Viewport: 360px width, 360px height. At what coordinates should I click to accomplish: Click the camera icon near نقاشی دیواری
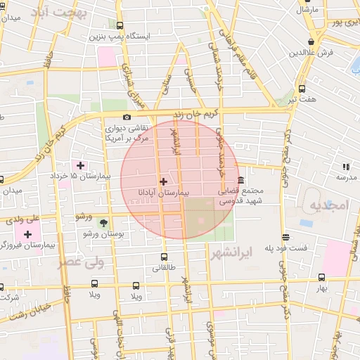(x=127, y=117)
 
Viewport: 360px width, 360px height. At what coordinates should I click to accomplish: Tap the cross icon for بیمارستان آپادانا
(x=164, y=181)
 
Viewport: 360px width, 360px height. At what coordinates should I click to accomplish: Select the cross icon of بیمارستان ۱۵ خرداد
(x=81, y=166)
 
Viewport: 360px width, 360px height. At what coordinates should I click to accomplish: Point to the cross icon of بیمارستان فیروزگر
(x=28, y=234)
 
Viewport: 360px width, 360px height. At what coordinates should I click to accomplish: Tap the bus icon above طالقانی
(x=164, y=257)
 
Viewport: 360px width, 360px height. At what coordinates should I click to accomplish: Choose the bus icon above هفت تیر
(x=302, y=89)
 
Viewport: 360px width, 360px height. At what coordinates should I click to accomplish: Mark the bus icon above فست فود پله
(x=285, y=238)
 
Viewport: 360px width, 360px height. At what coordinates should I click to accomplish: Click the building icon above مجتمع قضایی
(x=241, y=181)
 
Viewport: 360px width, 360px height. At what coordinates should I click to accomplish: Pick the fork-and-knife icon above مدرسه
(x=345, y=167)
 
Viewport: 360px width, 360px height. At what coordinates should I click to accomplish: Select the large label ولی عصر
(x=80, y=262)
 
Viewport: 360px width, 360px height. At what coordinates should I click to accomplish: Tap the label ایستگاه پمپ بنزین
(x=117, y=36)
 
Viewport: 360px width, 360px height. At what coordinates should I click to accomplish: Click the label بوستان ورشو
(x=103, y=233)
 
